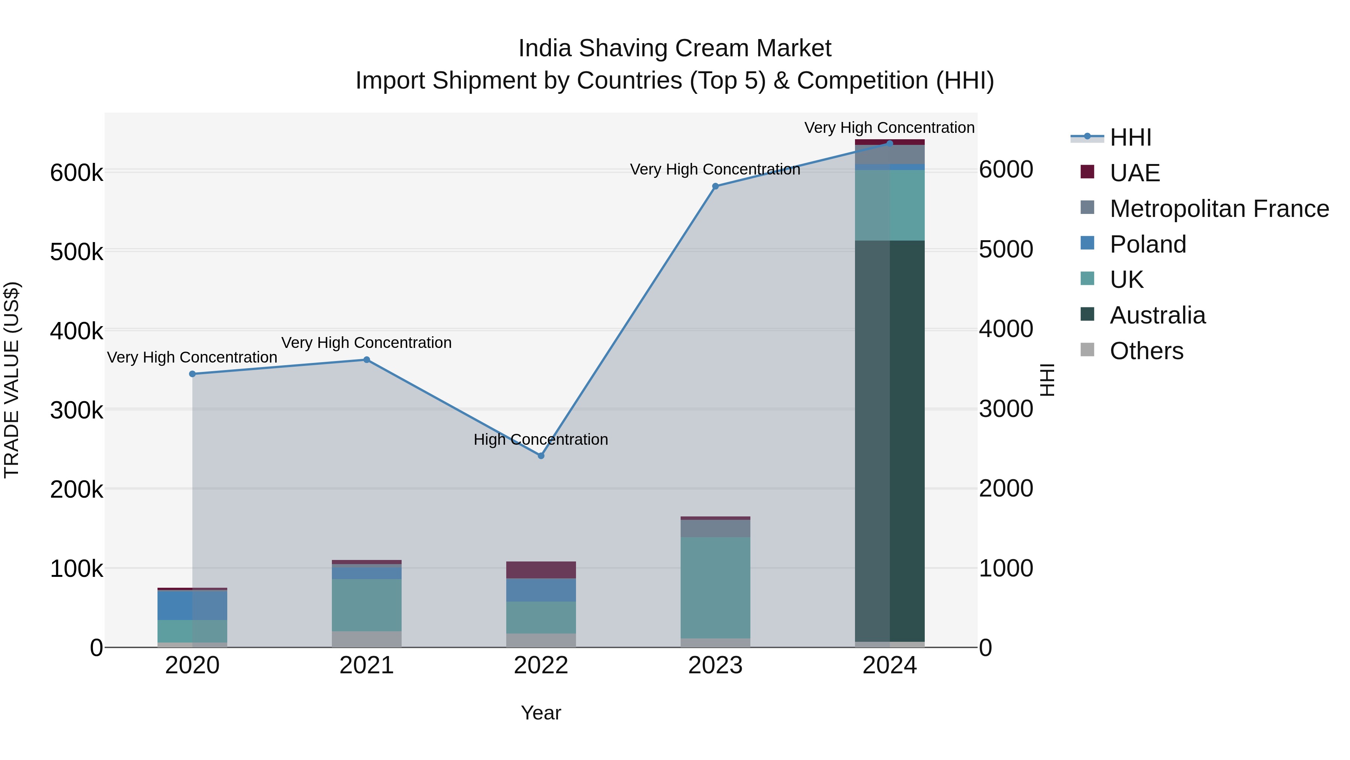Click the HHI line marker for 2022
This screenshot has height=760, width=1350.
(541, 456)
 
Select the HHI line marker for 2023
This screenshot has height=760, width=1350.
(715, 186)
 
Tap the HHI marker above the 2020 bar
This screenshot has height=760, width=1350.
(192, 374)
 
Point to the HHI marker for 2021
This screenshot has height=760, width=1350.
(367, 360)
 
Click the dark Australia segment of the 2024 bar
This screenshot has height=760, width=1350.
(890, 441)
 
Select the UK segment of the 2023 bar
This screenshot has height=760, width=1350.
(715, 587)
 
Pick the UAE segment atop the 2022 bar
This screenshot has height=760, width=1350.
(541, 570)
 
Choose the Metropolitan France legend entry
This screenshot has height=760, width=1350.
(1219, 209)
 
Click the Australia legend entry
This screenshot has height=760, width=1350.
(1158, 315)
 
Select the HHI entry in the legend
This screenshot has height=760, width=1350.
(1130, 137)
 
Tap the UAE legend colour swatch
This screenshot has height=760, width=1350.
(1087, 172)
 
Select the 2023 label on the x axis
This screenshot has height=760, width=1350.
(715, 665)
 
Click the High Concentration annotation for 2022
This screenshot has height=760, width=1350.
(541, 439)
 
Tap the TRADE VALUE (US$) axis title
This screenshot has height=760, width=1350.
(12, 380)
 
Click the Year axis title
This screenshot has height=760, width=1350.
(541, 713)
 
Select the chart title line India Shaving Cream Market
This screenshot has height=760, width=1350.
(675, 48)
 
